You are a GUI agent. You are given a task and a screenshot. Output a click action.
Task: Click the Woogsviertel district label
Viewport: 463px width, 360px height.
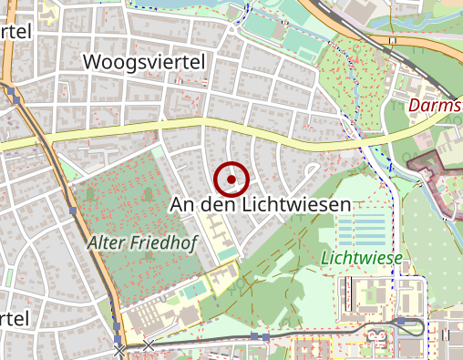click(x=145, y=61)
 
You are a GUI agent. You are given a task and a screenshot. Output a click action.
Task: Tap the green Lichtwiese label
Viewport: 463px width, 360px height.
click(x=362, y=259)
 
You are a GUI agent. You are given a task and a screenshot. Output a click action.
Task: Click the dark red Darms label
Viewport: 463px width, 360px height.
click(x=436, y=106)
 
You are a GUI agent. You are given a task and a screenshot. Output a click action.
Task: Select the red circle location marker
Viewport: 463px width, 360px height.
click(x=231, y=180)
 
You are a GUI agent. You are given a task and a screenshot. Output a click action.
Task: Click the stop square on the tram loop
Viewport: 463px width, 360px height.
click(x=400, y=321)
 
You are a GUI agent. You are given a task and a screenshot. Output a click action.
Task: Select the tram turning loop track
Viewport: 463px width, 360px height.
click(x=421, y=328)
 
